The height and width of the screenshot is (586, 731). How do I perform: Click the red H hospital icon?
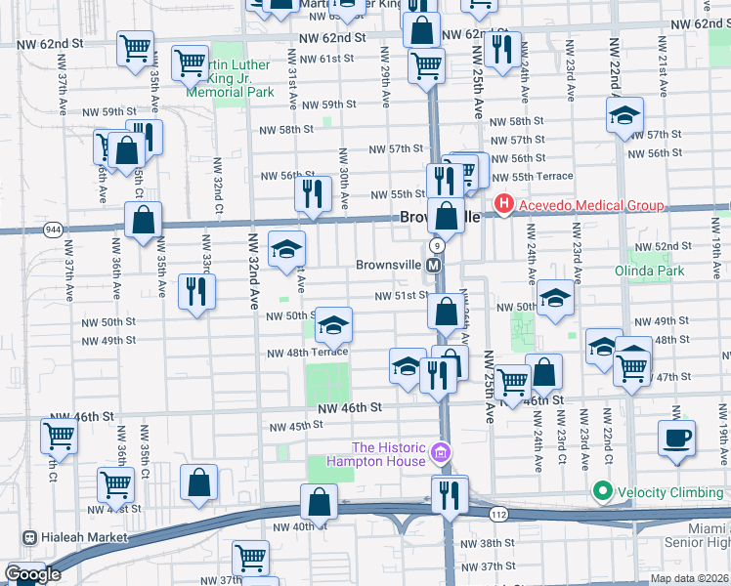point(504,205)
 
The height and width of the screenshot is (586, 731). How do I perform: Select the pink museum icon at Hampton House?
point(441,453)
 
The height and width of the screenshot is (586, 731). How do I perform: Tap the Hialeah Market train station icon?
point(29,537)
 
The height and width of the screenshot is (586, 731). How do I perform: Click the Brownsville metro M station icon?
point(436,266)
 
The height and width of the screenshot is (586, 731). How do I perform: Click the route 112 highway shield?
point(500,515)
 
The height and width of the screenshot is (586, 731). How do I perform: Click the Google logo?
point(32,574)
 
